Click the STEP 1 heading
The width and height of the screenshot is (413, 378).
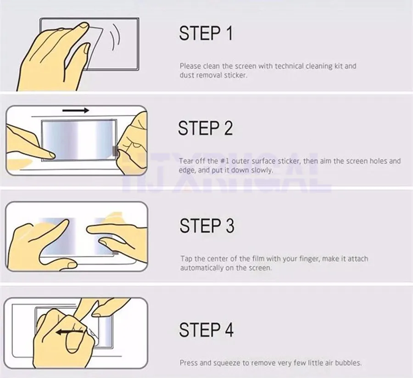point(206,33)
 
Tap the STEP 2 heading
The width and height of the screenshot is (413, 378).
point(206,128)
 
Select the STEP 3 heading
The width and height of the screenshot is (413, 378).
point(207,226)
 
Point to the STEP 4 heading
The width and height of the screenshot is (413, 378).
point(206,330)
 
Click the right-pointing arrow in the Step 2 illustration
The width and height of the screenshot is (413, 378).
point(76,111)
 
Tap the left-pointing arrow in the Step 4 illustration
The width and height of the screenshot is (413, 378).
point(70,332)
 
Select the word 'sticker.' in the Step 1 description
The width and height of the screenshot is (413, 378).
point(236,75)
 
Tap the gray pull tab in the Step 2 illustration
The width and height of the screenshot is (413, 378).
point(115,151)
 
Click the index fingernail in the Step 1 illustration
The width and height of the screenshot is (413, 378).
point(84,26)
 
